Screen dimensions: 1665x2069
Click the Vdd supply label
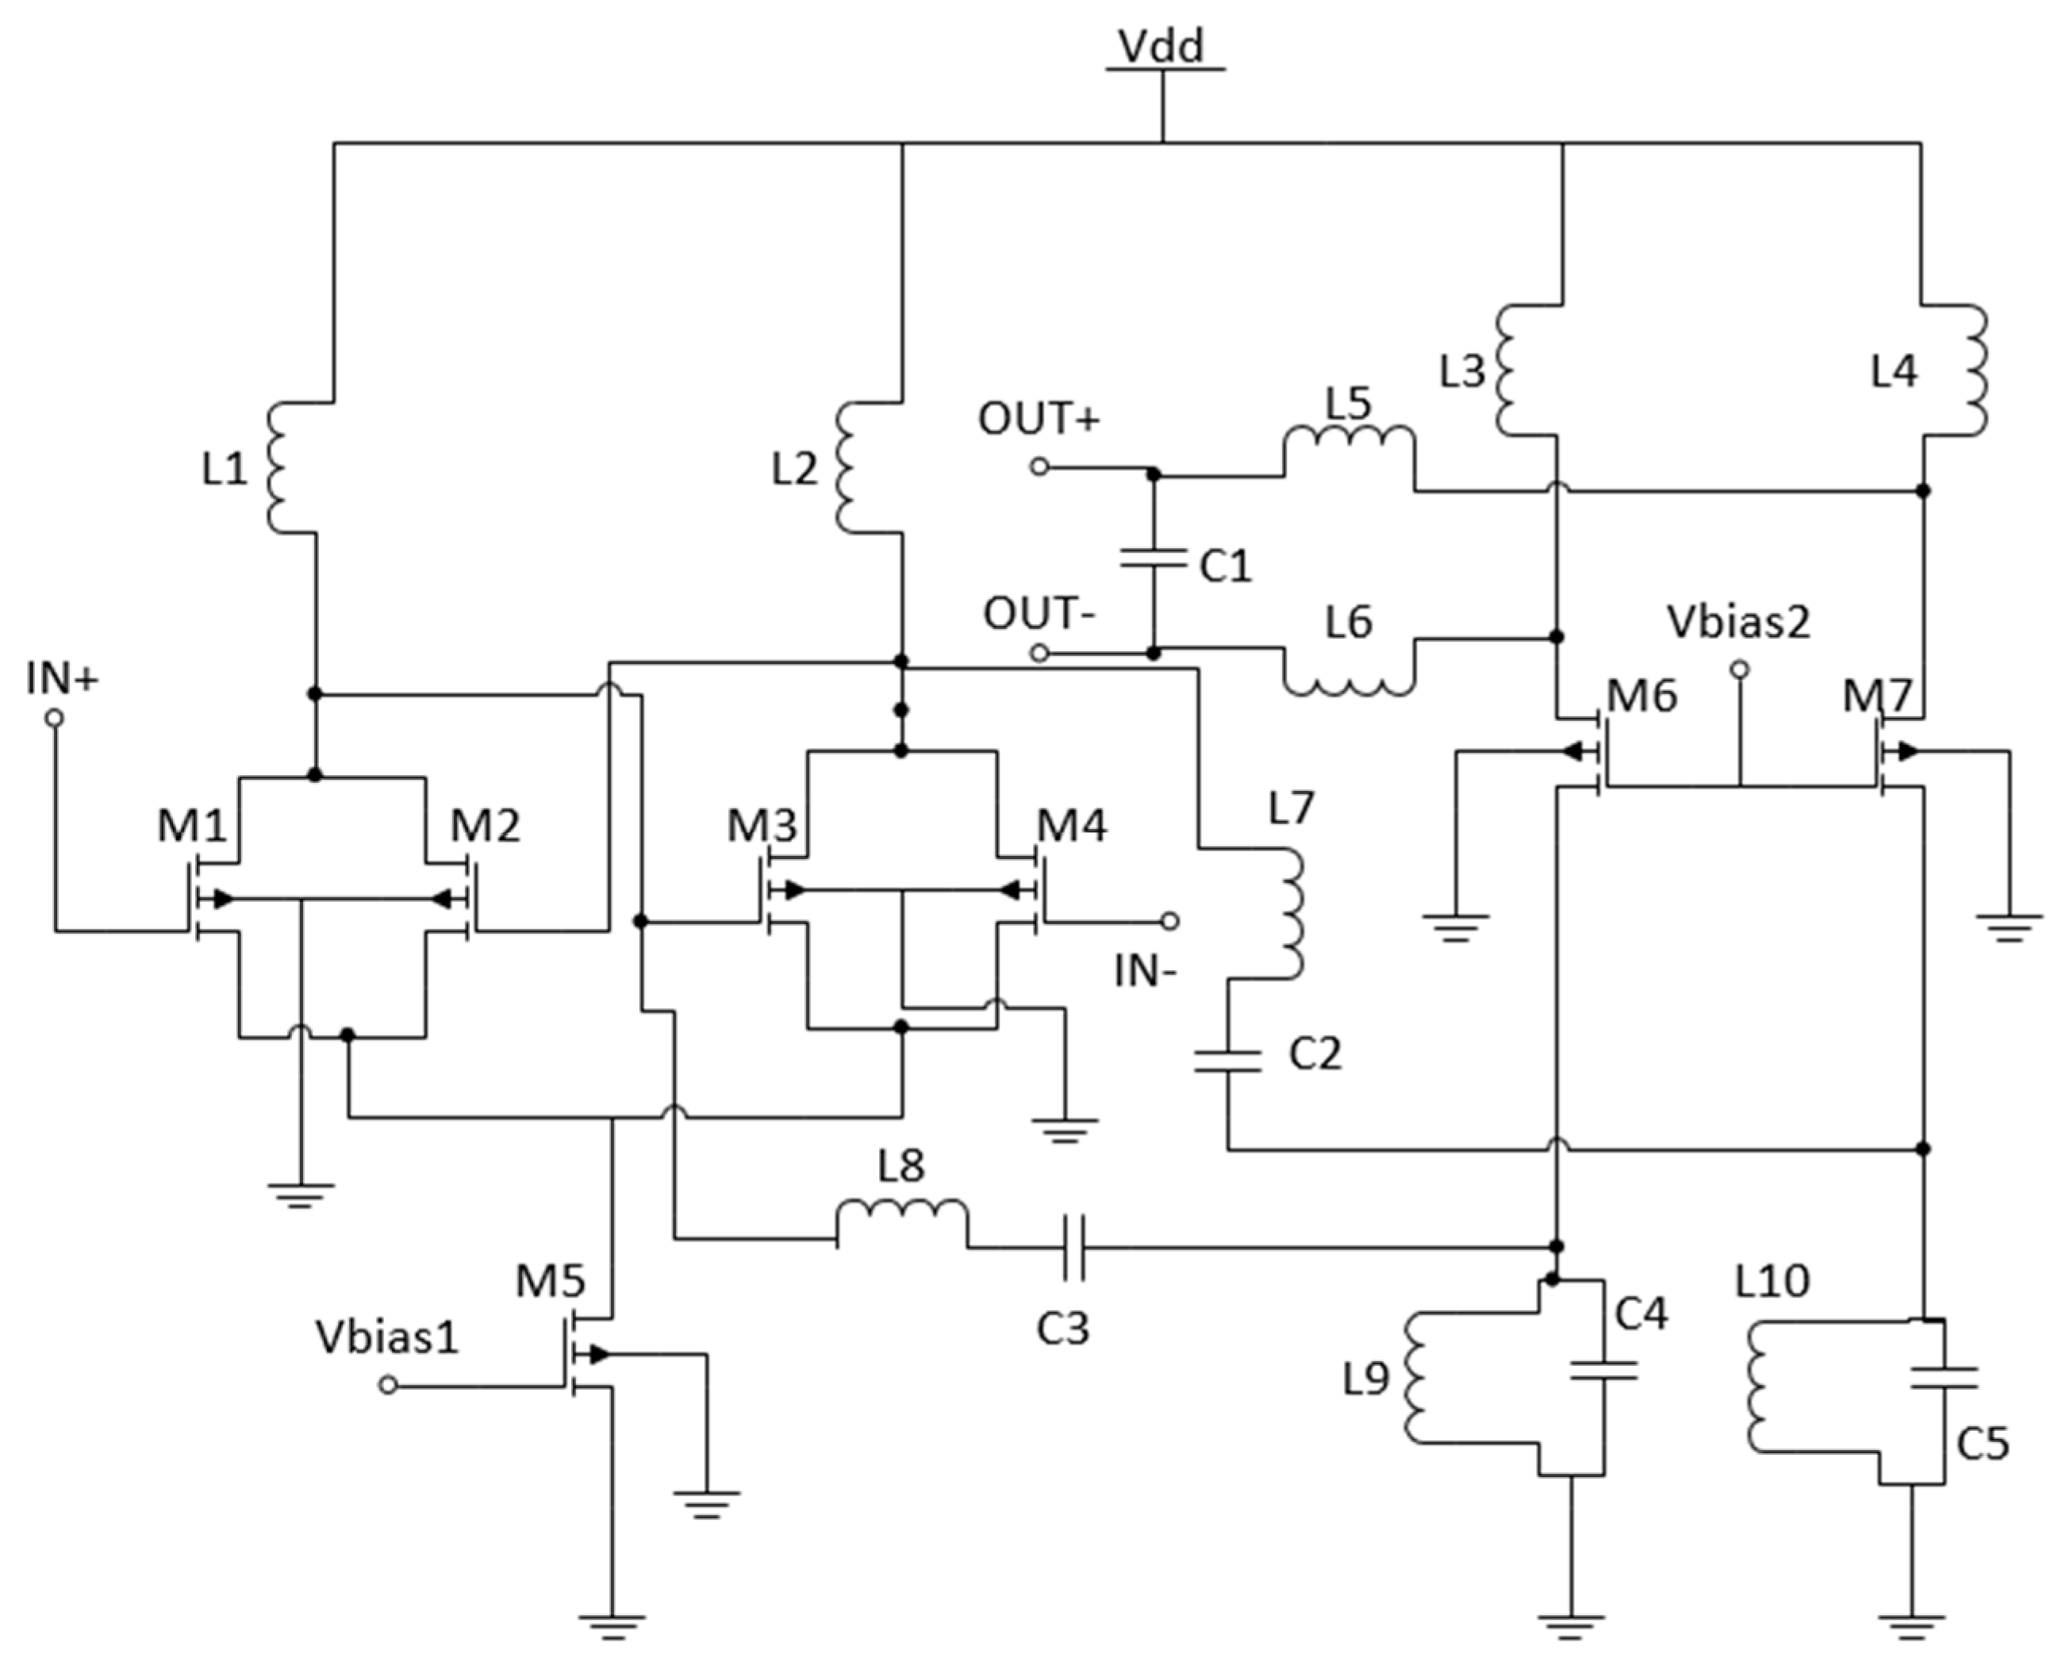click(1161, 46)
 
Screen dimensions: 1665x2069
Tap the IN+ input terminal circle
click(55, 718)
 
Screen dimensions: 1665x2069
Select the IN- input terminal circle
click(1170, 921)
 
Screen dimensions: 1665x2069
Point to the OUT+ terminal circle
click(1038, 467)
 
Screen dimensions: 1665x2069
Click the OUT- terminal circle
click(1038, 654)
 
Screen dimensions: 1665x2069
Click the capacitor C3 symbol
click(1074, 1248)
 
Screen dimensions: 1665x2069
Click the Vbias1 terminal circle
click(388, 1385)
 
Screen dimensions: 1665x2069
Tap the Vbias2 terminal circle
click(1739, 669)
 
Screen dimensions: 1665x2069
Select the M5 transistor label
click(550, 1281)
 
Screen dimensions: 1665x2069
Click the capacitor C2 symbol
click(1227, 1061)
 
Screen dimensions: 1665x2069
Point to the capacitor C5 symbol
click(1944, 1378)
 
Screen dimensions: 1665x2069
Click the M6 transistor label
click(1641, 696)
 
